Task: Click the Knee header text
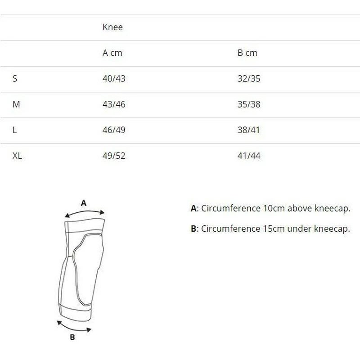pos(112,27)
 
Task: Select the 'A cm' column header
pos(112,53)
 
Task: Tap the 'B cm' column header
pos(247,53)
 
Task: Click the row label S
pos(15,78)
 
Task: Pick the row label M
pos(16,104)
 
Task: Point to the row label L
pos(15,130)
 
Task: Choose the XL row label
pos(17,156)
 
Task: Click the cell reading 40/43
pos(114,78)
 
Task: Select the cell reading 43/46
pos(114,104)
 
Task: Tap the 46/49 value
pos(114,130)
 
